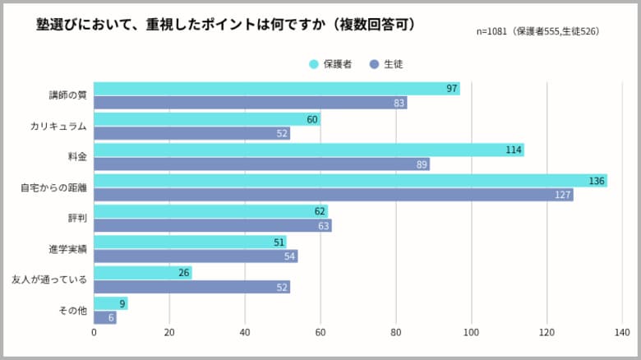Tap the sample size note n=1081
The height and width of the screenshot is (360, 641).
[537, 31]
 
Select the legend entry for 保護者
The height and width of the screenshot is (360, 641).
[330, 63]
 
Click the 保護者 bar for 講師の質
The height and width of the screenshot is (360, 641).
[276, 89]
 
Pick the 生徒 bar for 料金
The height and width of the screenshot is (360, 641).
[261, 164]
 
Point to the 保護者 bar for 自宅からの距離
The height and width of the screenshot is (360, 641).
[350, 181]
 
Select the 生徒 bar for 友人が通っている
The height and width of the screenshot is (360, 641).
[191, 287]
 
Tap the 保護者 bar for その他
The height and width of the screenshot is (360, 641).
[110, 303]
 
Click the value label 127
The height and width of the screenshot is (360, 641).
[562, 195]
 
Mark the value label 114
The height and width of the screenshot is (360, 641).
[513, 150]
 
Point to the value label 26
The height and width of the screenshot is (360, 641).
[182, 273]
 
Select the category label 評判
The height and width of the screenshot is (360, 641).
[77, 219]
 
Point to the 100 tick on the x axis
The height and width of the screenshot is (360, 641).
[472, 333]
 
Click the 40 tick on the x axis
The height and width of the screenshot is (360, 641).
[245, 333]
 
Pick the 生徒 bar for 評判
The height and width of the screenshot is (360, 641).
[212, 225]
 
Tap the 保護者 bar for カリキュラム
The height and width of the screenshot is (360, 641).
[207, 119]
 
